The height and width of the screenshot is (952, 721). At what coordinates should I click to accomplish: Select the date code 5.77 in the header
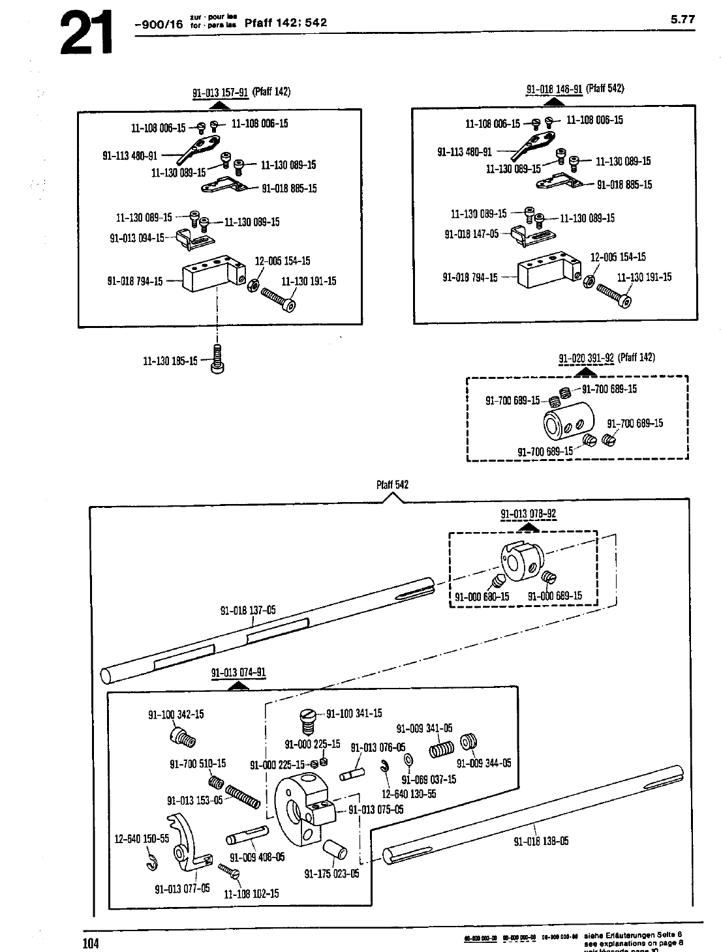(x=683, y=20)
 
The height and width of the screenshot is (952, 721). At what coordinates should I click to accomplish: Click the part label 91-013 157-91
(x=221, y=92)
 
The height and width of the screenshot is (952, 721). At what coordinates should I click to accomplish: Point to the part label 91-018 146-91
(x=554, y=89)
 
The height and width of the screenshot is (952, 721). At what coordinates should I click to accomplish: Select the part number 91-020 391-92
(x=587, y=358)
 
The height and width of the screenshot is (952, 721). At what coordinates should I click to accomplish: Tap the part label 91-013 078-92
(x=529, y=514)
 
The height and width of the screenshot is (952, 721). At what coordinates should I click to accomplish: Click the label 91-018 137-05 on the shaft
(x=248, y=610)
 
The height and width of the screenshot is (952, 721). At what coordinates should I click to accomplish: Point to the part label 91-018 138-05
(x=541, y=841)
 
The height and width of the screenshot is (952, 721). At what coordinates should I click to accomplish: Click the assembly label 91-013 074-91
(x=239, y=674)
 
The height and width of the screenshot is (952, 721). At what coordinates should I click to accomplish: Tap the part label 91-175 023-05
(x=331, y=874)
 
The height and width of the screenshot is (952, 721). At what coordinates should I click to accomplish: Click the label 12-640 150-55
(x=142, y=839)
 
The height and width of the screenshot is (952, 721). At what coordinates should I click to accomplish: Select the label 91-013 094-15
(x=137, y=238)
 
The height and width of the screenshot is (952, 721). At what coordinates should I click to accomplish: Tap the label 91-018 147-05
(x=471, y=234)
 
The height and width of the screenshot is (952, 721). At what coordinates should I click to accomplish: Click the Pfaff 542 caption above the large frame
(x=392, y=485)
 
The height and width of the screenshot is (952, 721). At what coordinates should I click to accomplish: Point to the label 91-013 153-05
(x=194, y=801)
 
